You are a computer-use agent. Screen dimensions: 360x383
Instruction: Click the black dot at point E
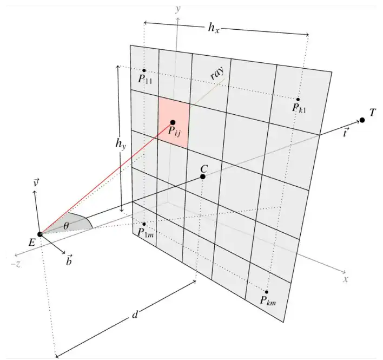click(x=39, y=234)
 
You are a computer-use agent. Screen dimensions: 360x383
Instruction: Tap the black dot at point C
click(x=203, y=176)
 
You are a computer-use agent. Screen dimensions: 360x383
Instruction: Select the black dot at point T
click(x=362, y=120)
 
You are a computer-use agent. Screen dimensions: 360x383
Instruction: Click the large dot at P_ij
click(x=173, y=122)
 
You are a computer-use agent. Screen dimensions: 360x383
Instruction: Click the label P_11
click(x=145, y=79)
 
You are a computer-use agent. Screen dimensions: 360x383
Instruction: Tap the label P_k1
click(x=299, y=108)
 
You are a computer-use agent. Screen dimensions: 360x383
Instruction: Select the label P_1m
click(x=145, y=233)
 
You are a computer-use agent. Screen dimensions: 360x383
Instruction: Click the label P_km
click(x=268, y=300)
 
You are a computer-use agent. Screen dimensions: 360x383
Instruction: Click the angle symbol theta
click(x=67, y=225)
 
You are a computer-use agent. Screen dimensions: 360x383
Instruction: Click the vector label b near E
click(x=69, y=261)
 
